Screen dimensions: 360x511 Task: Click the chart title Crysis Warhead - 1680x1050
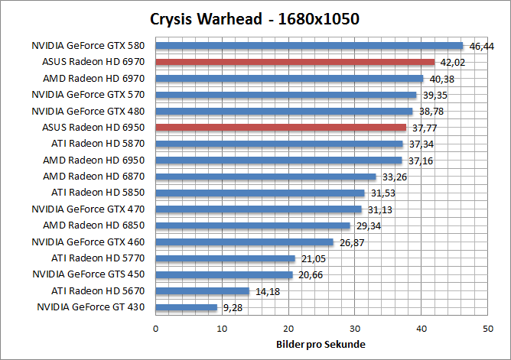click(255, 18)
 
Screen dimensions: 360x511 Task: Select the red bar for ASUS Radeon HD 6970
click(295, 62)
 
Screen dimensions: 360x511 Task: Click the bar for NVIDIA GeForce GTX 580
click(309, 46)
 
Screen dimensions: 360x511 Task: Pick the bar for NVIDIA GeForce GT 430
click(186, 307)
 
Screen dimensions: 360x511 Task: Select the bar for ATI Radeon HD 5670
click(202, 291)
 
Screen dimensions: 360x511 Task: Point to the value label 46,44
click(481, 47)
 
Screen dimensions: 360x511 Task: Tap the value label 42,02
click(451, 63)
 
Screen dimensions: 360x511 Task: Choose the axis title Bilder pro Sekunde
click(321, 344)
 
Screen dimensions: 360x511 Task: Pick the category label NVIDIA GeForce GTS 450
click(90, 274)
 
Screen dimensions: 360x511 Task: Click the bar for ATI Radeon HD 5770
click(225, 258)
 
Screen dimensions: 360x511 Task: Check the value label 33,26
click(392, 177)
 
